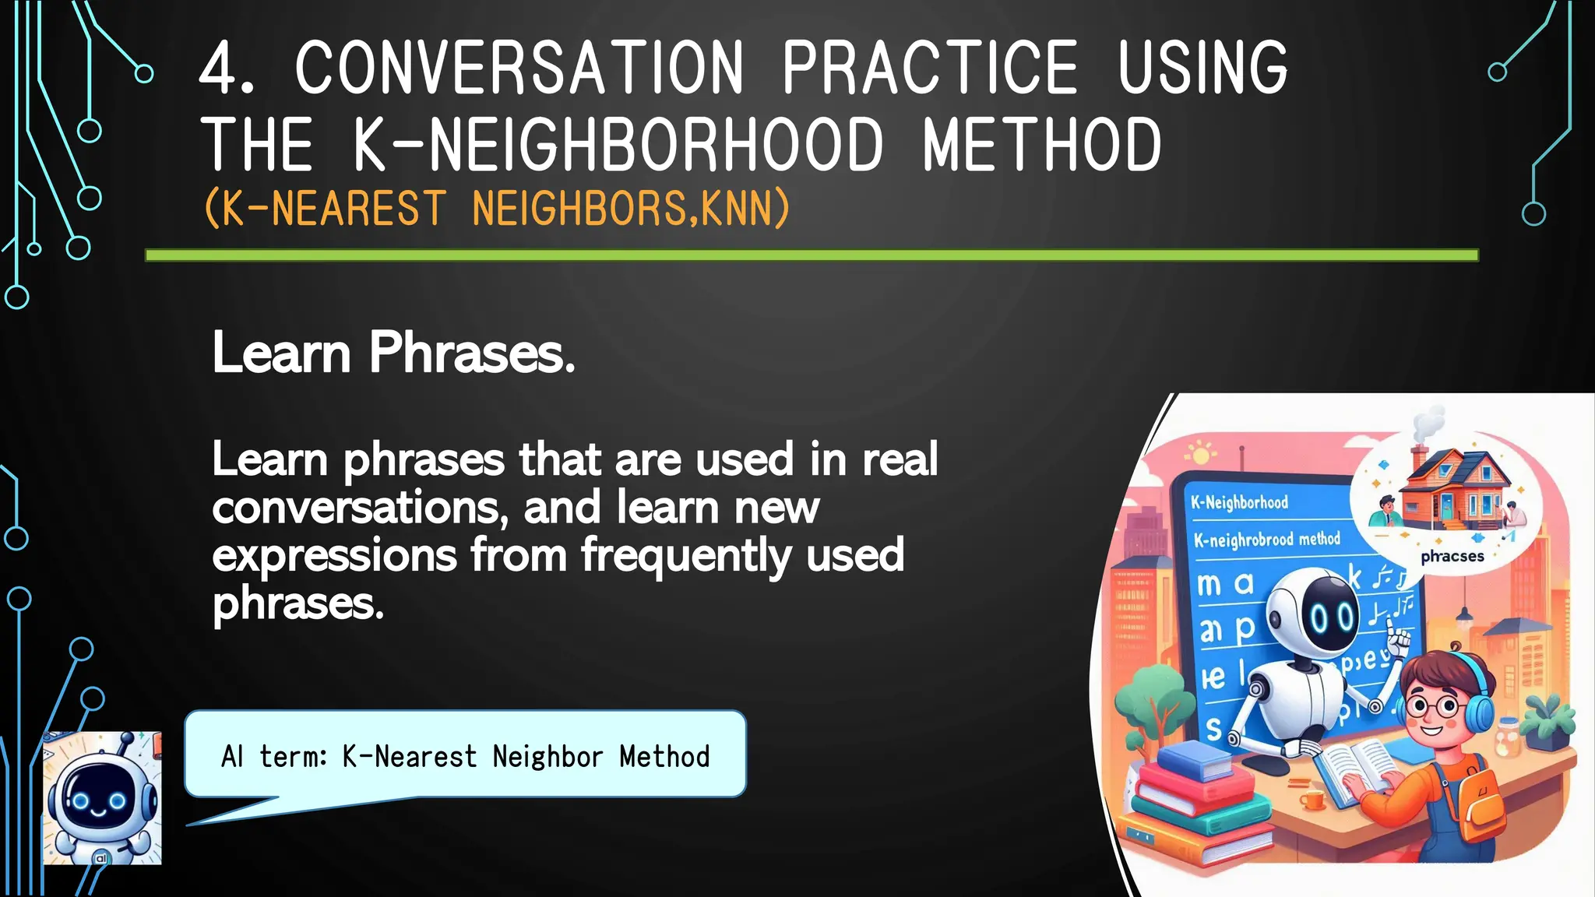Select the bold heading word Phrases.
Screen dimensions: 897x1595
pos(472,353)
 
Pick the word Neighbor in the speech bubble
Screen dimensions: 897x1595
pos(548,757)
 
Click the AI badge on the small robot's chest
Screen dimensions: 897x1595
pos(100,857)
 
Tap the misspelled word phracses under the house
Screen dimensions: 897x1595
pos(1452,556)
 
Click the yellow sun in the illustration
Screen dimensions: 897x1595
pos(1200,453)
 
